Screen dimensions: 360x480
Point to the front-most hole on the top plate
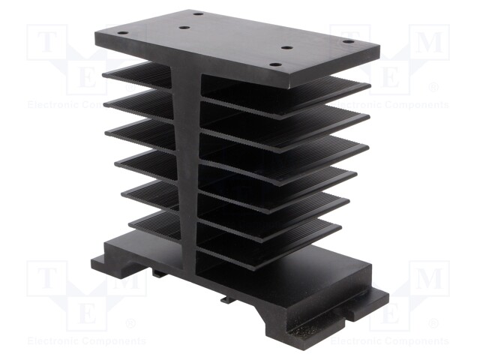[275, 65]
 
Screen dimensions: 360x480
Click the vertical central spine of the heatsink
[189, 165]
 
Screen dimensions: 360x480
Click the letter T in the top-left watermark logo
[46, 43]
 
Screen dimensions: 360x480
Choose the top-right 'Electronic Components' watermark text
[401, 105]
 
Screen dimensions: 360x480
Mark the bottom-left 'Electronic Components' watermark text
[75, 341]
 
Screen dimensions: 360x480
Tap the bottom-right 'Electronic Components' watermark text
[401, 341]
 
